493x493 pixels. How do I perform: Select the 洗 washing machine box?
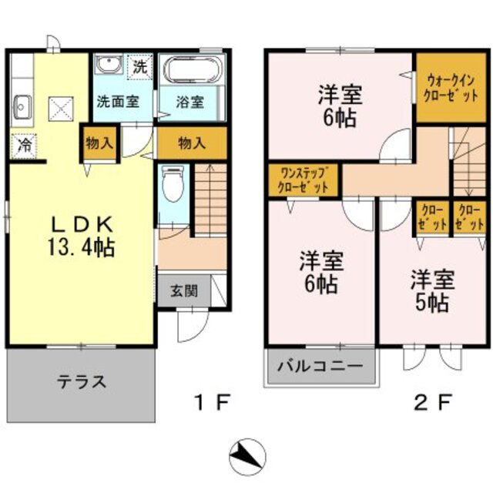[x=140, y=66]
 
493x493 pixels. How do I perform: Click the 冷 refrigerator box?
[x=23, y=144]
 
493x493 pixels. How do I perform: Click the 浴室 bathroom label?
[x=189, y=101]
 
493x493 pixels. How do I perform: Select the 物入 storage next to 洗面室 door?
[x=100, y=143]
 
